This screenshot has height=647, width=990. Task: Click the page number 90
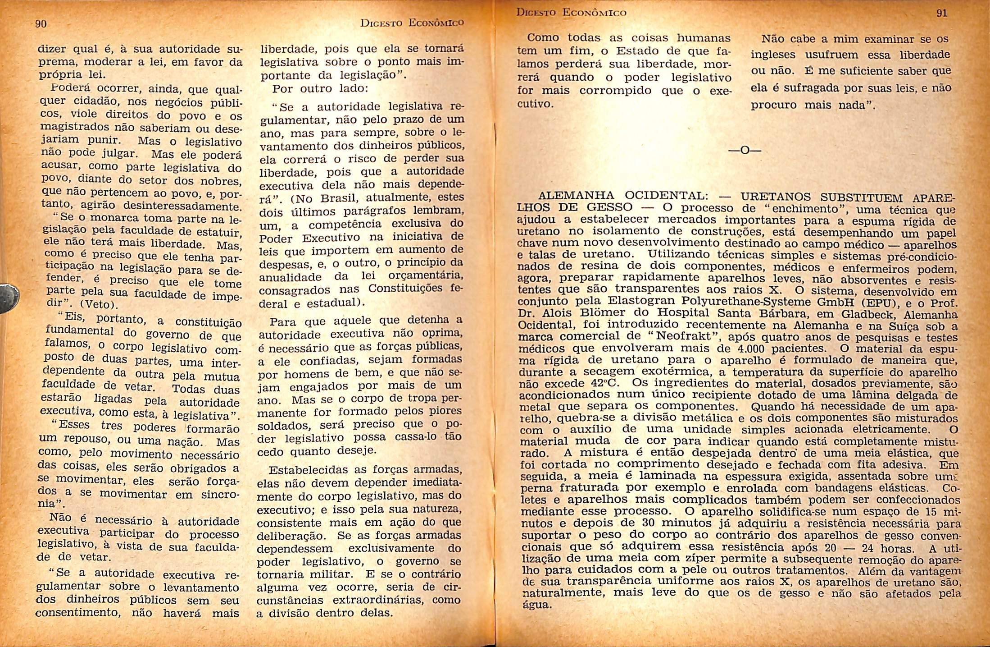[x=41, y=24]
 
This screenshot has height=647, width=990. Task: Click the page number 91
[x=942, y=14]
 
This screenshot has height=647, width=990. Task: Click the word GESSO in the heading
[x=609, y=207]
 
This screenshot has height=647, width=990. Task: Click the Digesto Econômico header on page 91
[x=571, y=13]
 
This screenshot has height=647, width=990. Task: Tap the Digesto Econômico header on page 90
[x=412, y=23]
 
